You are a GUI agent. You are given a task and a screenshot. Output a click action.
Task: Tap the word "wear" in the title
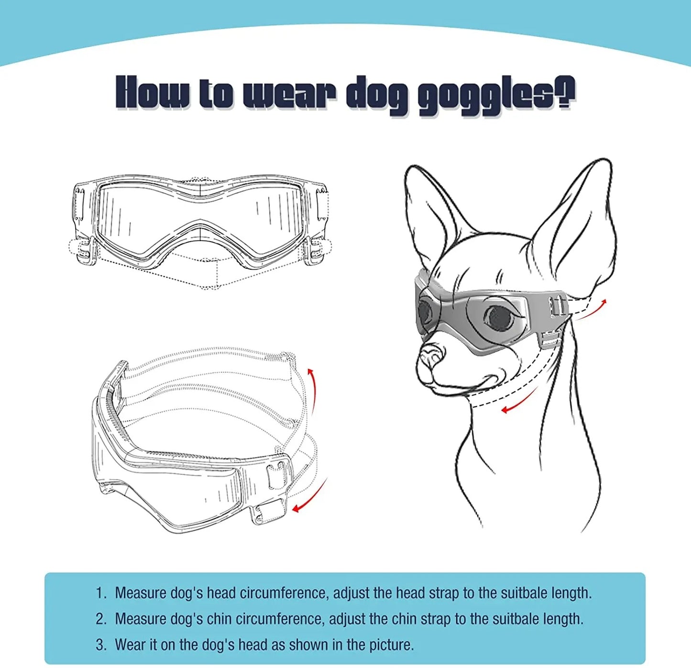(288, 93)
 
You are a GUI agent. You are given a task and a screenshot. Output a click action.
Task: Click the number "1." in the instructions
(101, 593)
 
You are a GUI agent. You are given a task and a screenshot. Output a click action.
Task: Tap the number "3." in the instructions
(101, 645)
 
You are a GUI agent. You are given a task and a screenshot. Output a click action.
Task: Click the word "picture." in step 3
(391, 645)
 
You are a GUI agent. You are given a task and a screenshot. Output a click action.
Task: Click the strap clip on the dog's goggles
(558, 306)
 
